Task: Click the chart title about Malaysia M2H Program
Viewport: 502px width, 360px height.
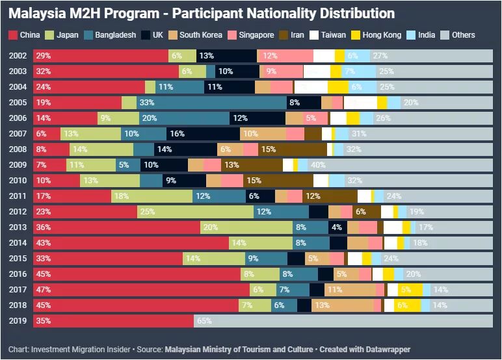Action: (202, 13)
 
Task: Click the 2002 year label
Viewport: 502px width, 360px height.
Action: (18, 56)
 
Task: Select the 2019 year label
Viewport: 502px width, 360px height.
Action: (18, 320)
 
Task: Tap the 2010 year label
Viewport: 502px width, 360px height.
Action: (18, 180)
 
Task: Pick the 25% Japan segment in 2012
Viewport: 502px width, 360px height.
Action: (195, 211)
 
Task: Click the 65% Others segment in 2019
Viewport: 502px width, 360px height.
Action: (343, 320)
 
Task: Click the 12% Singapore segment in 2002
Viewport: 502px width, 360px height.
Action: (285, 56)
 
